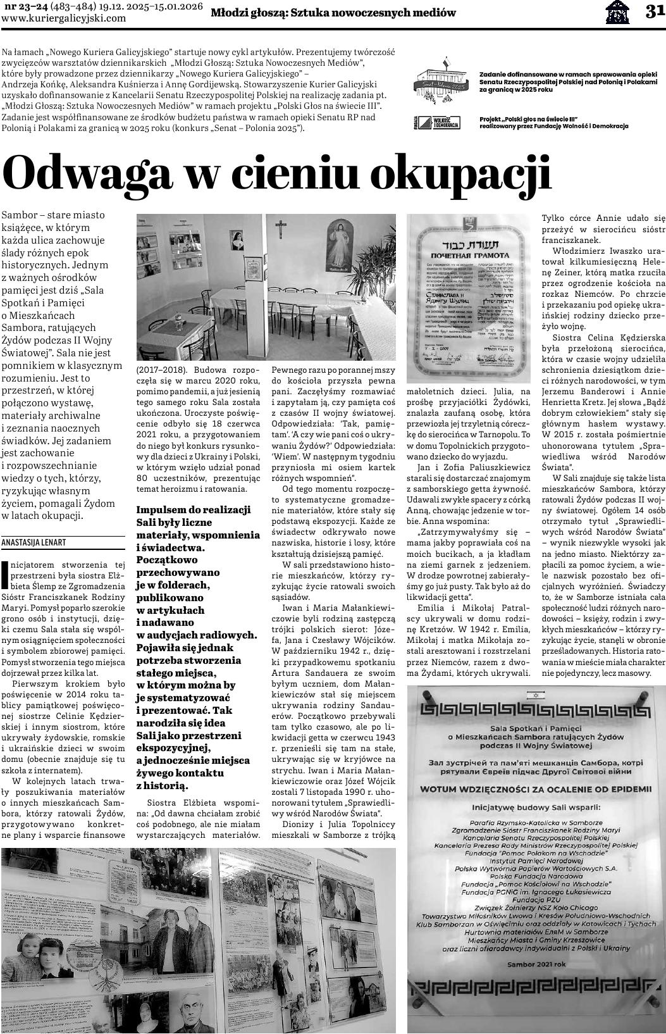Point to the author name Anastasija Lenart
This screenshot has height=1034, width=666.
coord(34,542)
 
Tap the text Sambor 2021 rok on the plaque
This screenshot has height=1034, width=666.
coord(535,964)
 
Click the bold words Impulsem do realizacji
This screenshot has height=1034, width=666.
coord(194,509)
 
